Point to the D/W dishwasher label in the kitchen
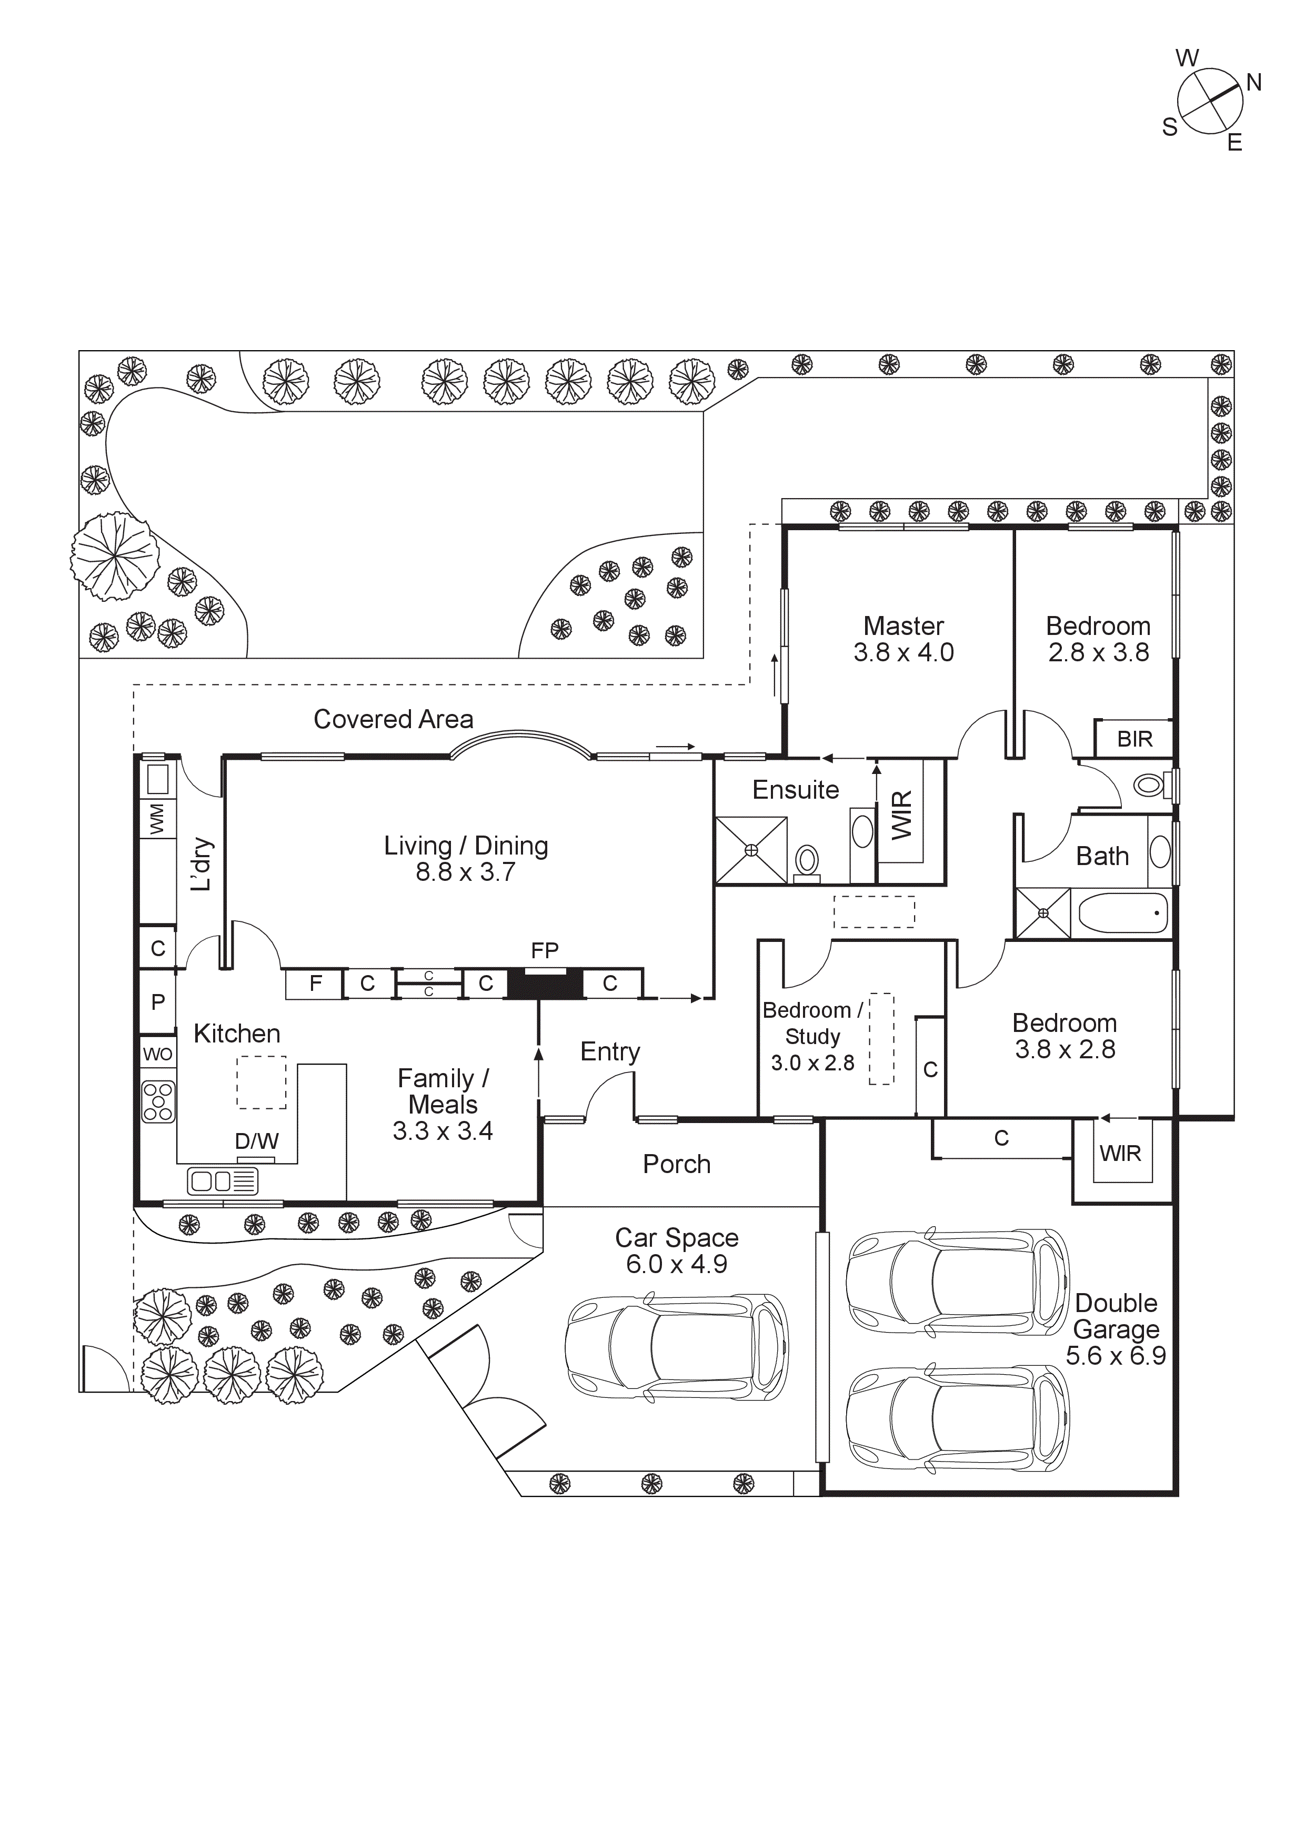tap(256, 1141)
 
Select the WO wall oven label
tap(157, 1054)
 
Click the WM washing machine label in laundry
tap(157, 818)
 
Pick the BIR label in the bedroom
tap(1134, 739)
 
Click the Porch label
tap(676, 1164)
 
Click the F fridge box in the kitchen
tap(315, 983)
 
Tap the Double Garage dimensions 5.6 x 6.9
tap(1115, 1355)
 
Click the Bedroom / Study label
tap(812, 1023)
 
